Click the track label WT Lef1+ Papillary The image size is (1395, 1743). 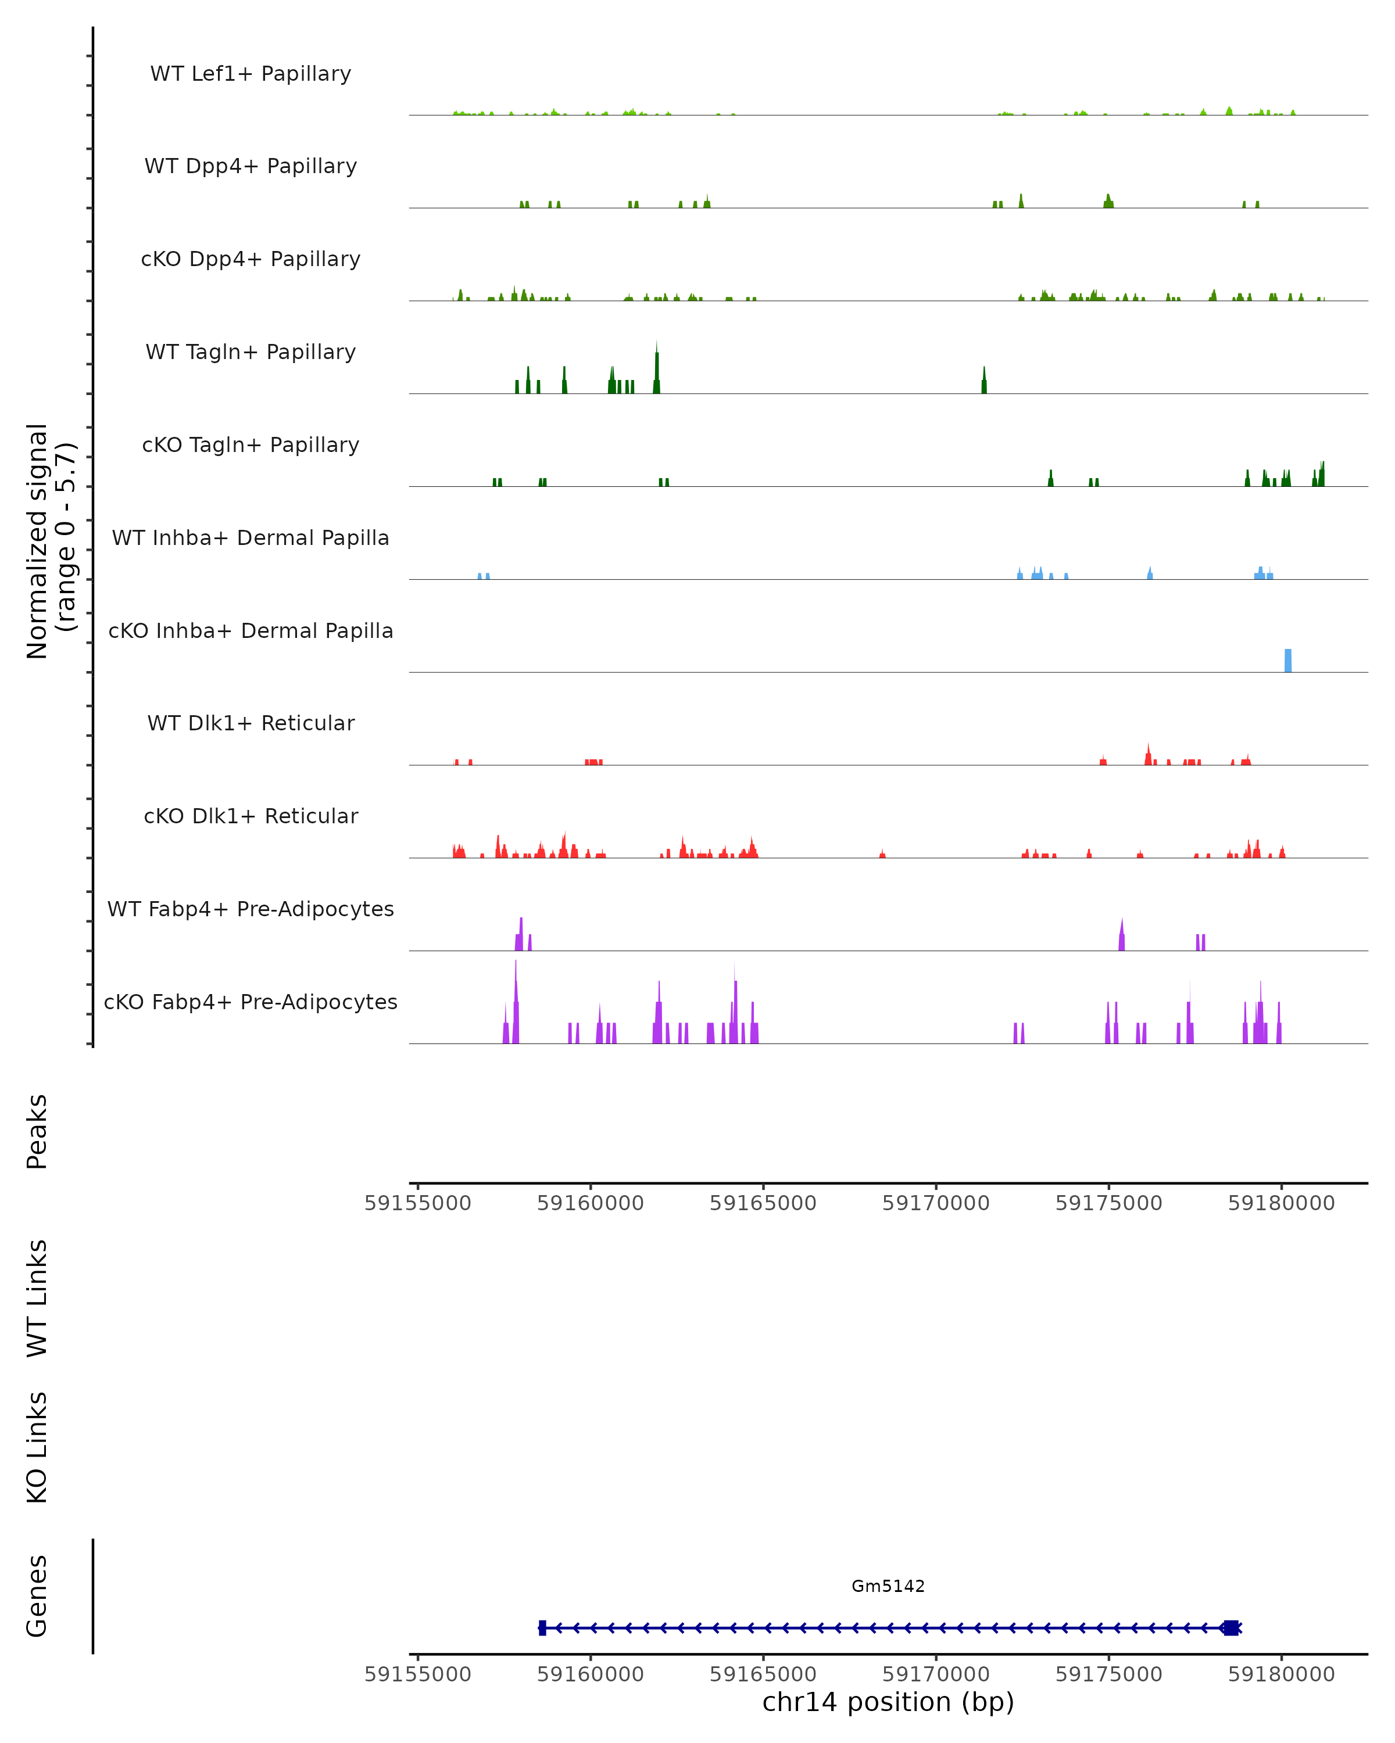pos(251,74)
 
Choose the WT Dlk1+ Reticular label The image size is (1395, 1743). pos(251,723)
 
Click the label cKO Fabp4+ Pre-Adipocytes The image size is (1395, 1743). pos(251,1002)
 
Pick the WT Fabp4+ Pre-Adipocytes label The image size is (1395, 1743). pos(251,909)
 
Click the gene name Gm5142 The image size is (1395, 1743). pos(888,1586)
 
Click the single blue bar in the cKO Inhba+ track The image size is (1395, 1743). pos(1288,661)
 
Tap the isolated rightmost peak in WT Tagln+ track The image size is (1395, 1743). pos(984,382)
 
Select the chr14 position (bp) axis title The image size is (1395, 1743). pos(888,1702)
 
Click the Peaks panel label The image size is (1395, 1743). pos(37,1132)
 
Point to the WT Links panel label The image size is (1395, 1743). pos(37,1297)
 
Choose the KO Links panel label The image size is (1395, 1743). pos(37,1447)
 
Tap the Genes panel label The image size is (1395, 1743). pos(37,1596)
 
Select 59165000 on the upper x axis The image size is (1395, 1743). pos(763,1203)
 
